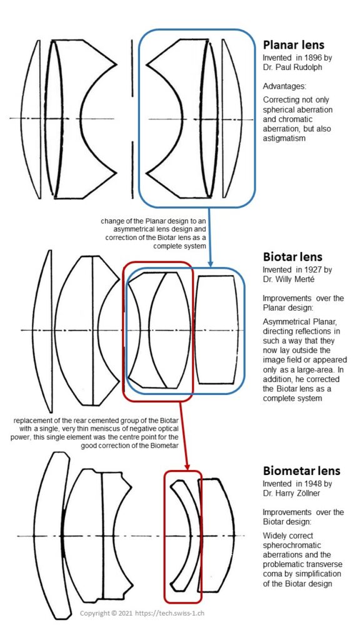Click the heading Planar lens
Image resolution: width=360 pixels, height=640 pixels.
point(294,46)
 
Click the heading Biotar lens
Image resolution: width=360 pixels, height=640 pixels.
point(292,257)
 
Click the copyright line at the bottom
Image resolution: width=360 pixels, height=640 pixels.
point(142,613)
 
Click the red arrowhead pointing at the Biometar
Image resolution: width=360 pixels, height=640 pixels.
point(187,466)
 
